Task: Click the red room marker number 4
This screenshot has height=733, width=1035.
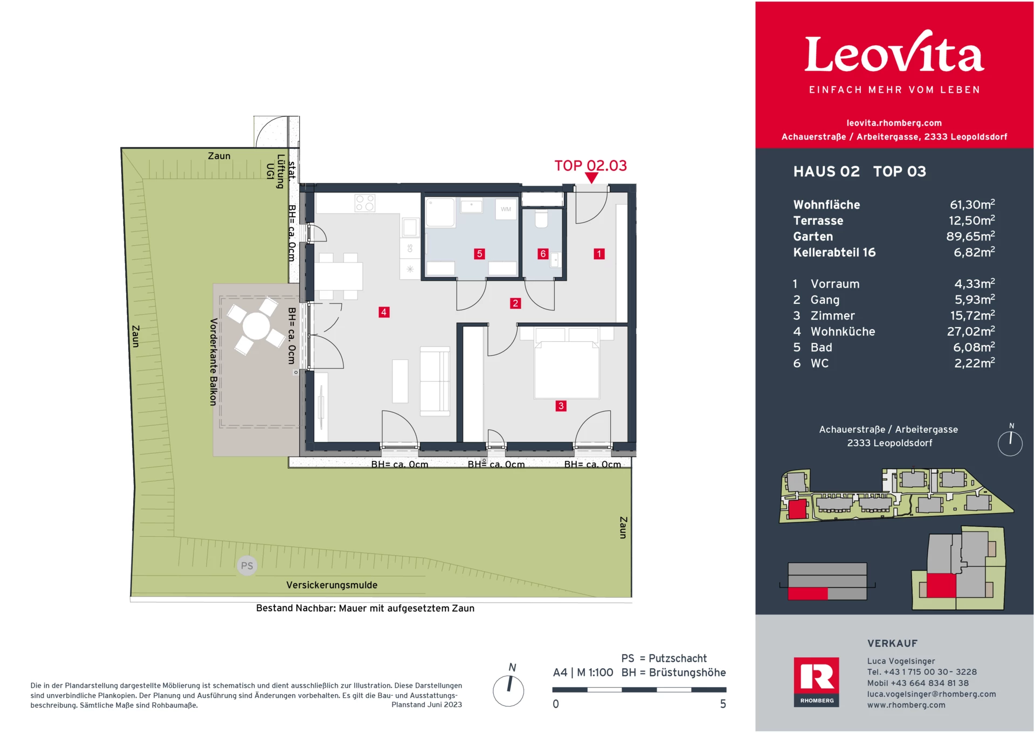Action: click(384, 312)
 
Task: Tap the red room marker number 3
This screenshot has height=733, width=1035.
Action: click(561, 406)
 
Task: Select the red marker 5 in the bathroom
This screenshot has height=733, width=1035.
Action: click(479, 254)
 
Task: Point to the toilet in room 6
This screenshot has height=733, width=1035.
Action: click(541, 219)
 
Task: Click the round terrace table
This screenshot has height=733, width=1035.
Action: click(256, 326)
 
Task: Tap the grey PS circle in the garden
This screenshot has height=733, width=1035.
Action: click(247, 565)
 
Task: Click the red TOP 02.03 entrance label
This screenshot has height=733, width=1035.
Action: click(590, 165)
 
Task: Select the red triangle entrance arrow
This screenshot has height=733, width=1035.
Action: click(591, 178)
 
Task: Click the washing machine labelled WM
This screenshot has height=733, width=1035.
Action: click(506, 209)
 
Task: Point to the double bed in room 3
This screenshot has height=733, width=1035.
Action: click(567, 369)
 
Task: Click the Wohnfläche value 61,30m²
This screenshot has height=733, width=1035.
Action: click(972, 205)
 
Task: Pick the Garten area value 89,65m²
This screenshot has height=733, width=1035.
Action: click(970, 237)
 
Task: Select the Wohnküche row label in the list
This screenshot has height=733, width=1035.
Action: click(843, 332)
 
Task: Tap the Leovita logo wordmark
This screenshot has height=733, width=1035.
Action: click(894, 54)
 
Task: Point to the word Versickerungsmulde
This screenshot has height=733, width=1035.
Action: click(332, 585)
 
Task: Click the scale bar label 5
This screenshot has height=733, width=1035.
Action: click(723, 704)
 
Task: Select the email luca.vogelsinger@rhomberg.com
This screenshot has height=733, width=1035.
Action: click(931, 694)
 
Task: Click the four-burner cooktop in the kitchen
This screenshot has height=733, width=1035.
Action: click(365, 203)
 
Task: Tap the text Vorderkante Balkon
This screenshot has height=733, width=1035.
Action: click(213, 362)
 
